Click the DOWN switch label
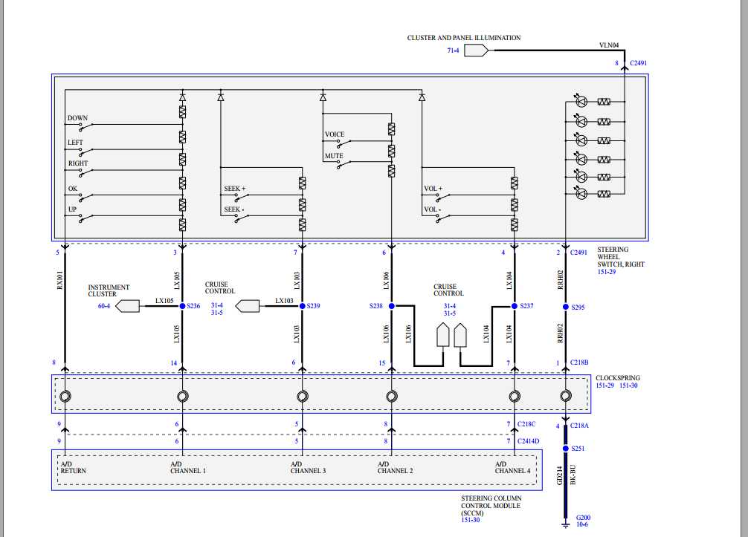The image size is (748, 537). [77, 118]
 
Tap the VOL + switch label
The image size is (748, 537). [433, 189]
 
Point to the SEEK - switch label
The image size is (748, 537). [234, 209]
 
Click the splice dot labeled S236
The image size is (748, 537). [182, 305]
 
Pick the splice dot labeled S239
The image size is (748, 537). [302, 305]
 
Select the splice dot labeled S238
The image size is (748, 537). [391, 305]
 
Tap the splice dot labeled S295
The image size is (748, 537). [566, 306]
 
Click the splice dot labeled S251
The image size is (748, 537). [566, 449]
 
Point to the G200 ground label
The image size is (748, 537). [583, 517]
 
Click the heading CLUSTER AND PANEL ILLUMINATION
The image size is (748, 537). [464, 38]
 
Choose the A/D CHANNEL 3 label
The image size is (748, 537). [308, 467]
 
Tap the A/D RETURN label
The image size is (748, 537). [72, 467]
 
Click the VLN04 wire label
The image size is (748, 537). [608, 45]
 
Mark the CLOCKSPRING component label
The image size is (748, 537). [617, 378]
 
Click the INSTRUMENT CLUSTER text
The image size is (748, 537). [109, 290]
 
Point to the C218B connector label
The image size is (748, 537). [579, 362]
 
